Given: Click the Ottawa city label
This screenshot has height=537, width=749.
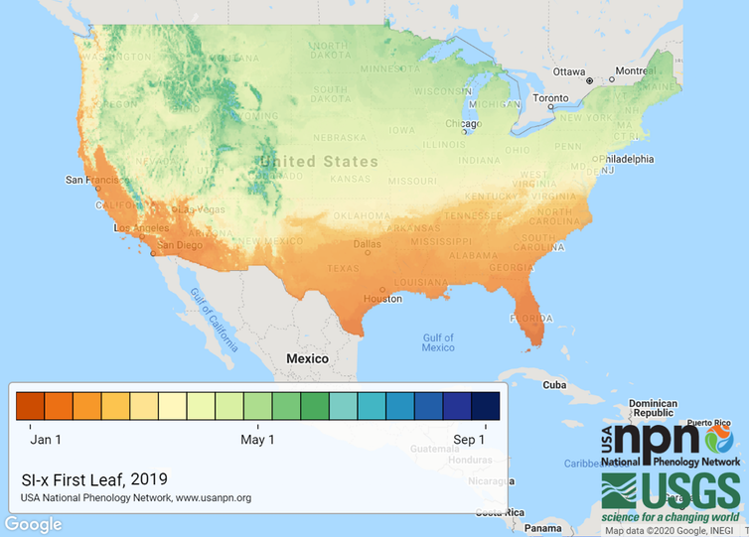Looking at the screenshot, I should pyautogui.click(x=568, y=71).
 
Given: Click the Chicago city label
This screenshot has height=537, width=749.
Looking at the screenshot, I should pyautogui.click(x=462, y=123).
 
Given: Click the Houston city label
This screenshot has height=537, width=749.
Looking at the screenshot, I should pyautogui.click(x=382, y=299).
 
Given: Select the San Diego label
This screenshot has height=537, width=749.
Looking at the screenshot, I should pyautogui.click(x=182, y=244).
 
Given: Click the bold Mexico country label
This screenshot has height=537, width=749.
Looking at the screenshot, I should pyautogui.click(x=307, y=357).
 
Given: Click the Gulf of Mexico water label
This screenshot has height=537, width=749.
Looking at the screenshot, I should pyautogui.click(x=438, y=342).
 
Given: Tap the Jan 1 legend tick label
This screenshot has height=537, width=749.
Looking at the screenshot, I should pyautogui.click(x=46, y=439).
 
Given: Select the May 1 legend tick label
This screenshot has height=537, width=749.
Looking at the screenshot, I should pyautogui.click(x=258, y=439).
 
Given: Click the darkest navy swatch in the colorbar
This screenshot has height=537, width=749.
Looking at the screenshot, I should pyautogui.click(x=485, y=407).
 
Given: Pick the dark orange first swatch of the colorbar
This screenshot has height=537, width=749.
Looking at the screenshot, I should pyautogui.click(x=31, y=407).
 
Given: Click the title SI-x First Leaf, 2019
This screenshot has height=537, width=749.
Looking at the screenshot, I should pyautogui.click(x=87, y=476).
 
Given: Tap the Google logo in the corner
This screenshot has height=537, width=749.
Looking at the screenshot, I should pyautogui.click(x=33, y=524).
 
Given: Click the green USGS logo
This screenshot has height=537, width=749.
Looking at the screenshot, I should pyautogui.click(x=671, y=493).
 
